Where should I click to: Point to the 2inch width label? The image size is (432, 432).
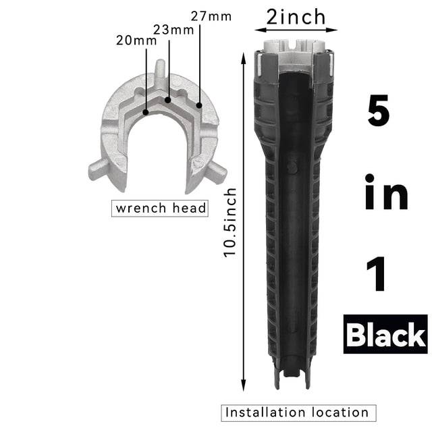tap(296, 16)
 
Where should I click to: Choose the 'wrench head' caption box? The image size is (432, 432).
tap(160, 208)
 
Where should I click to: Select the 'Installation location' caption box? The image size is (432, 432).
tap(296, 412)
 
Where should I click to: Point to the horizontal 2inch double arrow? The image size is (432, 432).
tap(296, 30)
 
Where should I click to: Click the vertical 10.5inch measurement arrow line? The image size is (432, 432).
tap(243, 223)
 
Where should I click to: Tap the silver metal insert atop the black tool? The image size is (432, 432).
tap(296, 54)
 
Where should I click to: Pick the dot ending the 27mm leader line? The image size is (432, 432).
tap(200, 106)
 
